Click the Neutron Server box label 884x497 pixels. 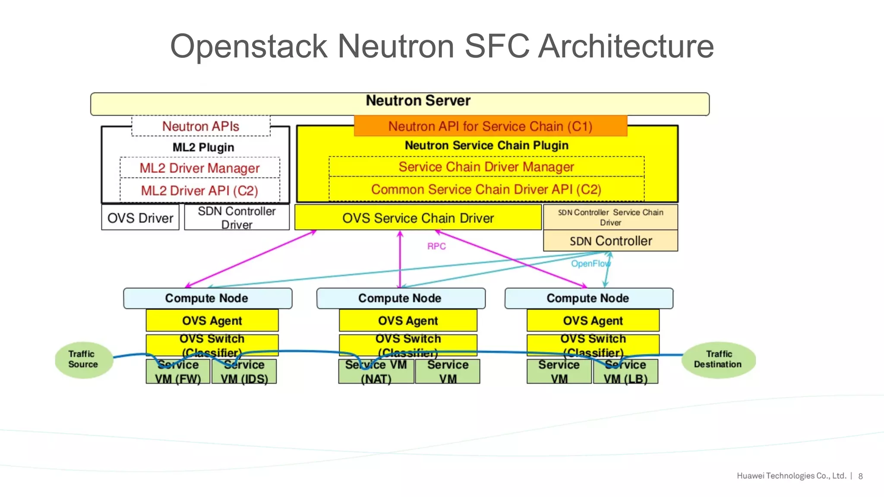[x=418, y=101]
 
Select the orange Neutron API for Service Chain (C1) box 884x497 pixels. [x=490, y=126]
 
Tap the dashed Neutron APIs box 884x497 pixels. [x=201, y=126]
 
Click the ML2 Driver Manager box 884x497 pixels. [x=199, y=168]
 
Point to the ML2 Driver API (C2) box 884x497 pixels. [x=199, y=190]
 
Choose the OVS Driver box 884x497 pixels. [x=140, y=218]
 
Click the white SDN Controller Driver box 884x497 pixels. [x=237, y=217]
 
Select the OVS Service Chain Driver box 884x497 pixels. [x=418, y=218]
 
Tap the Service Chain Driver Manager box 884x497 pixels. [x=486, y=167]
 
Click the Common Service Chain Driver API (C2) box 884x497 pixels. [x=486, y=189]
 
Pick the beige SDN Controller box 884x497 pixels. [x=610, y=241]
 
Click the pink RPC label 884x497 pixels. [x=436, y=246]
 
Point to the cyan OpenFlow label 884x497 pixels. [x=590, y=264]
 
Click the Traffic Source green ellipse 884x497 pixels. [x=84, y=360]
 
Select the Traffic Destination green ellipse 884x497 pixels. [x=718, y=360]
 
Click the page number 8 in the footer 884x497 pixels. [x=860, y=476]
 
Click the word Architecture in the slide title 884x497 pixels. [x=626, y=46]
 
